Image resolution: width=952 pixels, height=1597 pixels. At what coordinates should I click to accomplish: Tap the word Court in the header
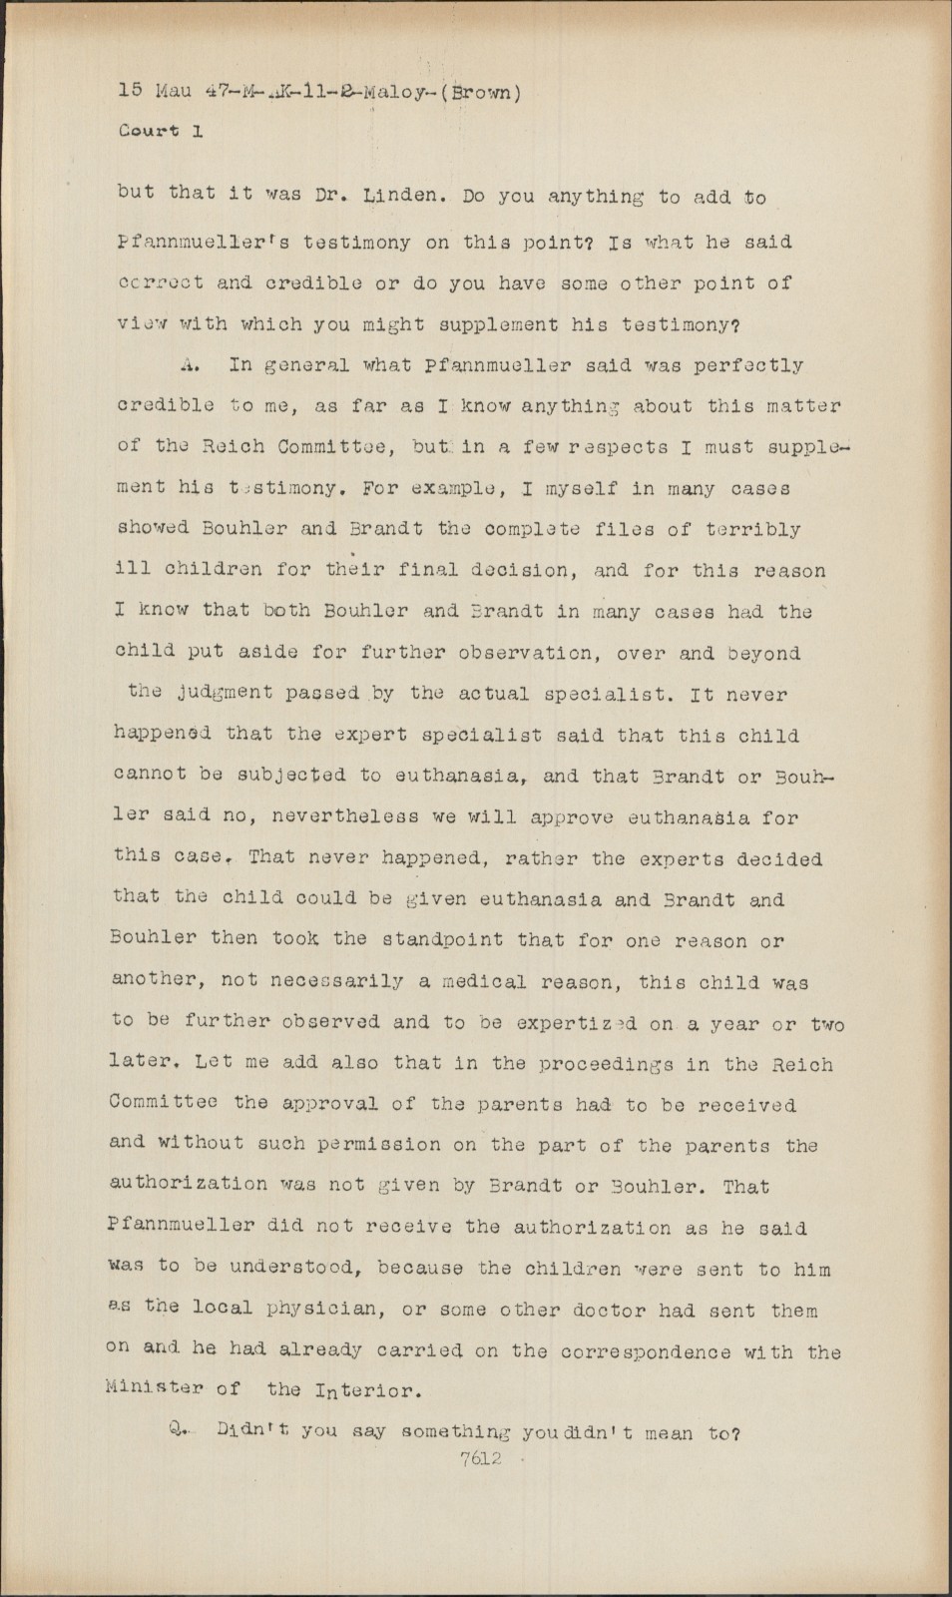pyautogui.click(x=149, y=131)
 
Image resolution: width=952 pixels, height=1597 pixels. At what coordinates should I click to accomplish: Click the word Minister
pyautogui.click(x=155, y=1388)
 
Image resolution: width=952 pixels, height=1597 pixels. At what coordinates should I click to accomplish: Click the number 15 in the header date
pyautogui.click(x=131, y=91)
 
